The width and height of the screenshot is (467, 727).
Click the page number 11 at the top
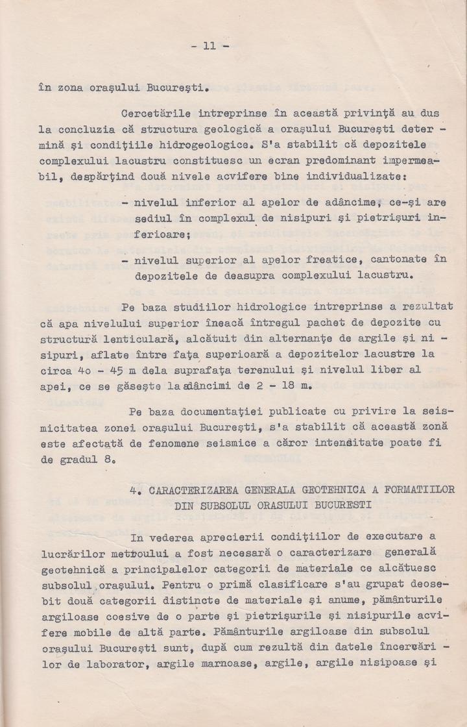coord(209,46)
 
